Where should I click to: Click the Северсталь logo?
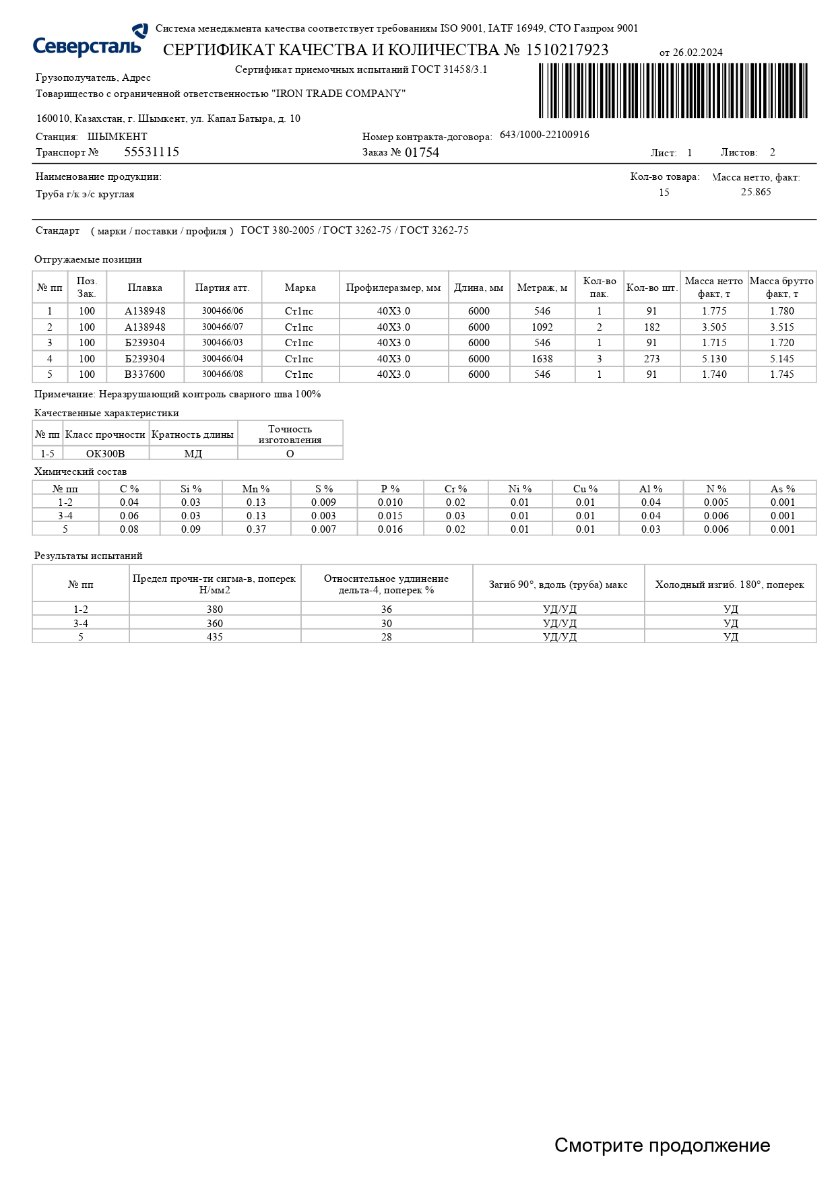[x=90, y=42]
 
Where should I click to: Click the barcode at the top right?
[x=672, y=91]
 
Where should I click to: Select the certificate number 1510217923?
[x=567, y=51]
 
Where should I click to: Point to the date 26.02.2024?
[x=697, y=53]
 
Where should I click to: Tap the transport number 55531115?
[x=152, y=152]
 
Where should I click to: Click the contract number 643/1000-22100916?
[x=544, y=135]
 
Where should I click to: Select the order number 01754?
[x=422, y=153]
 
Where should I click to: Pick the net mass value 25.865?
[x=756, y=192]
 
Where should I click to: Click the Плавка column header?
[x=145, y=288]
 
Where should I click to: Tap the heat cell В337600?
[x=145, y=374]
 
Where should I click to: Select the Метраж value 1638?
[x=542, y=359]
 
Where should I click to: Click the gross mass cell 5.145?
[x=782, y=359]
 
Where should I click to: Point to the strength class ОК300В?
[x=105, y=454]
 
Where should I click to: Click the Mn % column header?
[x=256, y=489]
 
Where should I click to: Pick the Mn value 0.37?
[x=256, y=529]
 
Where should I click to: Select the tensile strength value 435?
[x=215, y=636]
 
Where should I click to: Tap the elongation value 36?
[x=387, y=610]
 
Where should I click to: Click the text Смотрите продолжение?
[x=662, y=1146]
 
